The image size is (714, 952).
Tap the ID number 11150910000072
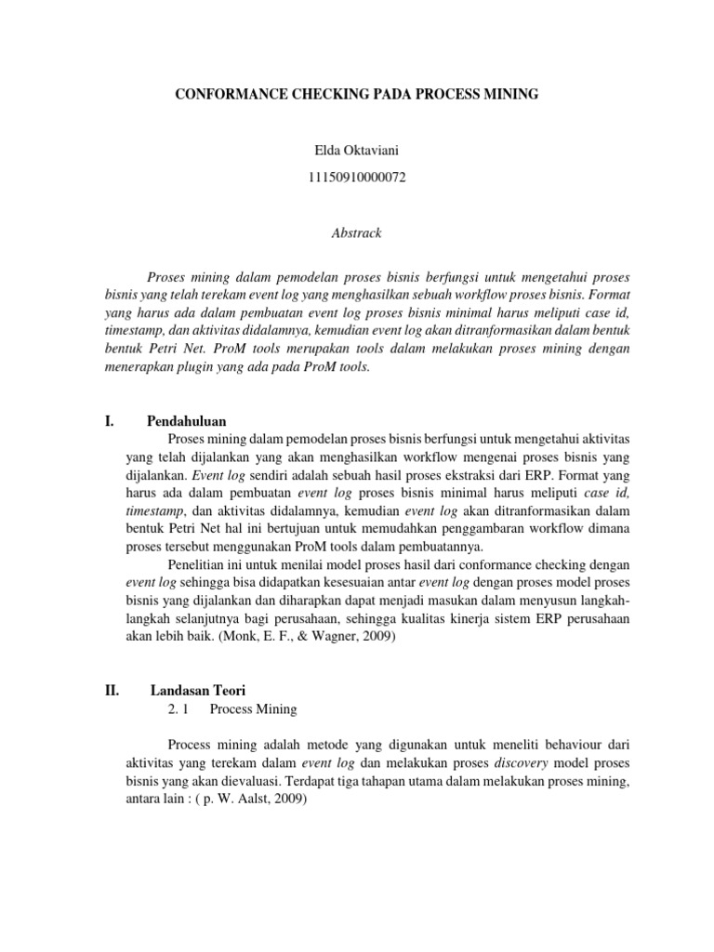[x=356, y=177]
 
